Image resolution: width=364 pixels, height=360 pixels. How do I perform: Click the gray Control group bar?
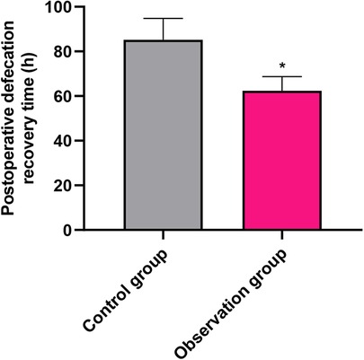[164, 135]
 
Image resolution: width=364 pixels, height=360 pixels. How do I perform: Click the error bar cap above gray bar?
[164, 18]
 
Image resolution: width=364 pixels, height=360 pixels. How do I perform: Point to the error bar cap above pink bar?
[281, 77]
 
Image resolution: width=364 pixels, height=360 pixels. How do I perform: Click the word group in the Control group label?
[157, 257]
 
